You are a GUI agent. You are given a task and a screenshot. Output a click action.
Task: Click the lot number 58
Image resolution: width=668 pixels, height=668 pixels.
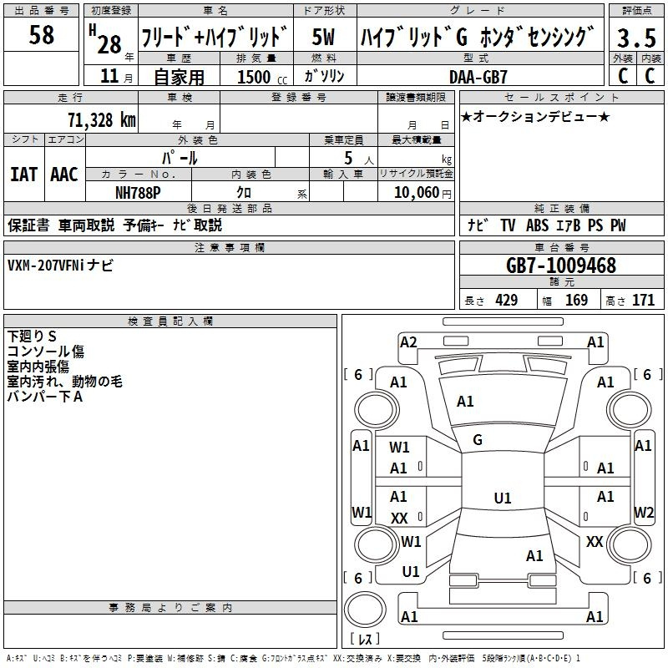[x=42, y=36]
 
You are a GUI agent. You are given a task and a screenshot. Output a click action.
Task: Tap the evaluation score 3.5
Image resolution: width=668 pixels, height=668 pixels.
[x=635, y=38]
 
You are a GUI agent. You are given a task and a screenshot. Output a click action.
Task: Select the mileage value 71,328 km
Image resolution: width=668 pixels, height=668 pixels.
[x=101, y=119]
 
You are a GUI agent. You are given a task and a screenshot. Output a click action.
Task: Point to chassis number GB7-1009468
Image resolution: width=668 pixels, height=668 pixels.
[x=561, y=266]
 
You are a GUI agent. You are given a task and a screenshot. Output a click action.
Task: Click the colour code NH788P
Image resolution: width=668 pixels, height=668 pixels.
[x=139, y=192]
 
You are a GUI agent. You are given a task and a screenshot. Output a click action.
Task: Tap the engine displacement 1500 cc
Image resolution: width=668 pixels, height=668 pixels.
[x=255, y=76]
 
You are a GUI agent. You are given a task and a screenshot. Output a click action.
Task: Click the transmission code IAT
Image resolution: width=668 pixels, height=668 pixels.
[x=23, y=174]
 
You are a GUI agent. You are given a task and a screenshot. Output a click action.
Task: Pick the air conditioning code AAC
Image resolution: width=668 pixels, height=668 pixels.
[x=64, y=174]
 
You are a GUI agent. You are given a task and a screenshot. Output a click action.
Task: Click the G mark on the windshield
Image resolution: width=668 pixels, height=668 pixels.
[x=478, y=440]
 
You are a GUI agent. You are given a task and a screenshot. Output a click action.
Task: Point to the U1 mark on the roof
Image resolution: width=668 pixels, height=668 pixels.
[x=502, y=498]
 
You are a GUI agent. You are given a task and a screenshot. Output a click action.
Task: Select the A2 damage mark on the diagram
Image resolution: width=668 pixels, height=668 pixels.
[x=408, y=342]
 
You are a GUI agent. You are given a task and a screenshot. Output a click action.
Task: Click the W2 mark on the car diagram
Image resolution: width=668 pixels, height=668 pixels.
[x=643, y=512]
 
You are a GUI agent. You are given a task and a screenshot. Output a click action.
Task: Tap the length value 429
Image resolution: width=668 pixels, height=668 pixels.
[x=506, y=301]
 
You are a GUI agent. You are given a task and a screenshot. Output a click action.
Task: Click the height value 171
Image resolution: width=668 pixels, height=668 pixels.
[x=643, y=301]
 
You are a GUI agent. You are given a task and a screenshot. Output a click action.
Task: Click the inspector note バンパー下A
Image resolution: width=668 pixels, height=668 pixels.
[x=45, y=397]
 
